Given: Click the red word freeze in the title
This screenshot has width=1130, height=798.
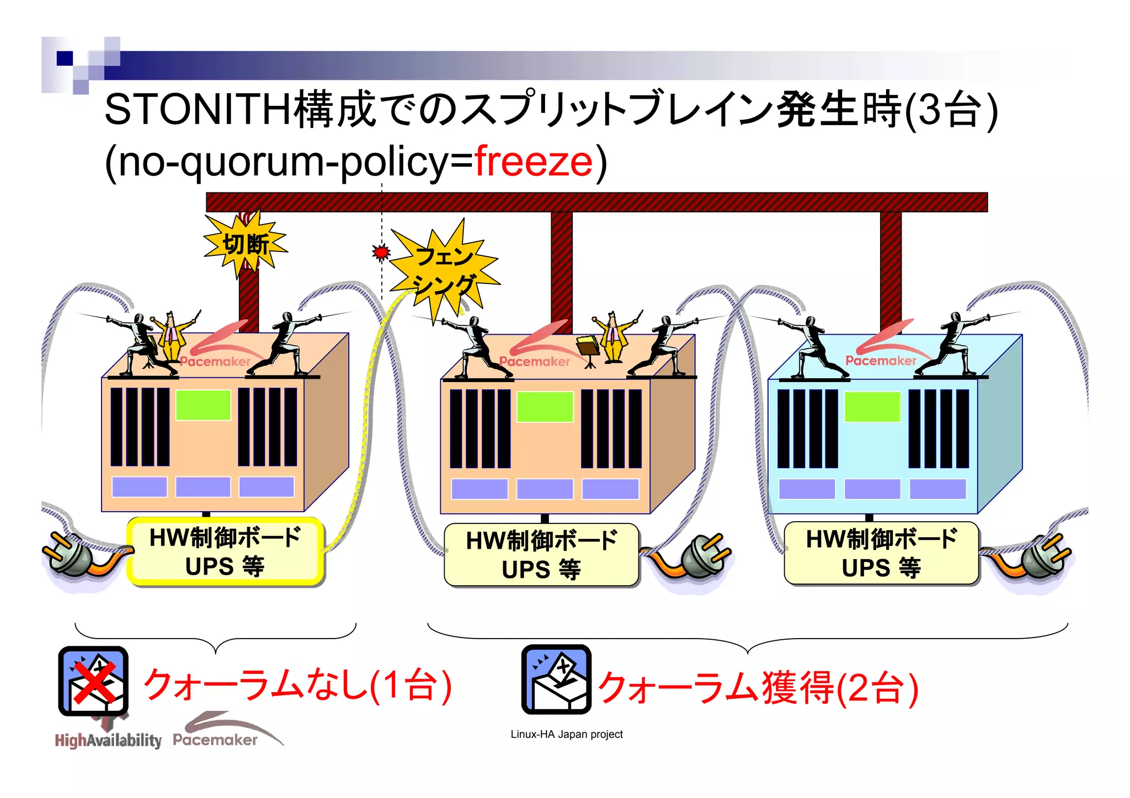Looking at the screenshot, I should pyautogui.click(x=534, y=162).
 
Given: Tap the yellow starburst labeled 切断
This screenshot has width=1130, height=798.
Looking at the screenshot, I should pyautogui.click(x=246, y=244).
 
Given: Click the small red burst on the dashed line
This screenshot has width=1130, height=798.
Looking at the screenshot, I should pyautogui.click(x=381, y=253).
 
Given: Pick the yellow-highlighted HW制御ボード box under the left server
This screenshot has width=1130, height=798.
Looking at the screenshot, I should pyautogui.click(x=225, y=551).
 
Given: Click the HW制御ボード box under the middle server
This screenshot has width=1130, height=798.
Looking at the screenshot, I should pyautogui.click(x=541, y=555).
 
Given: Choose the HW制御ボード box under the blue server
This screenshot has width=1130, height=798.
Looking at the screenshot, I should pyautogui.click(x=881, y=553).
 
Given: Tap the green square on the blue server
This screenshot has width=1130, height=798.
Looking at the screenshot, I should pyautogui.click(x=872, y=407).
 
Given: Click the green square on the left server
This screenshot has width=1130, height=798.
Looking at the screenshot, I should pyautogui.click(x=203, y=405).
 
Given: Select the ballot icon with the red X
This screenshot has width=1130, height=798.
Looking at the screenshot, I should pyautogui.click(x=93, y=681).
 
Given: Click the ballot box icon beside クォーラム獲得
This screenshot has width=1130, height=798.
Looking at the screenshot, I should pyautogui.click(x=556, y=679).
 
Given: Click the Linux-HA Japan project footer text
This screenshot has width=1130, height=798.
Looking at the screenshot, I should pyautogui.click(x=567, y=734).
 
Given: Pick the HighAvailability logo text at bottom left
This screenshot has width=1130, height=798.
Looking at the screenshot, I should pyautogui.click(x=108, y=740).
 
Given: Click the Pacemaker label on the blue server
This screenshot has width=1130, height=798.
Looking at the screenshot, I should pyautogui.click(x=881, y=361).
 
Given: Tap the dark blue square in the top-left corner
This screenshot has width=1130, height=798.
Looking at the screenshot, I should pyautogui.click(x=65, y=58).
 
